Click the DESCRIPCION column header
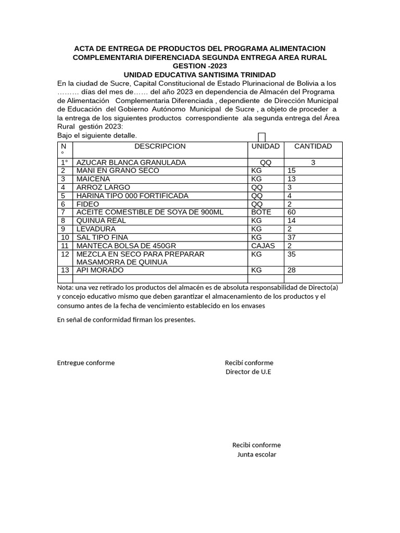coord(160,146)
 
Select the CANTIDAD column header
coord(312,146)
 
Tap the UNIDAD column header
coord(266,146)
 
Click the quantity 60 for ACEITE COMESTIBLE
coord(292,212)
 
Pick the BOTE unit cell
coord(261,212)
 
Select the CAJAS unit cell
coord(263,246)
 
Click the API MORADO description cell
coord(100,271)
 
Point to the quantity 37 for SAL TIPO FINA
coord(292,237)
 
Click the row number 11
coord(65,246)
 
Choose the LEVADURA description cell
coord(96,229)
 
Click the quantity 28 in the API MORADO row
coord(292,271)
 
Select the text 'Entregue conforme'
coord(86,363)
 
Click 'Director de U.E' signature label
coord(248,372)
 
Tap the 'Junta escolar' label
coord(257,454)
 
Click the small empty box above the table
coord(262,137)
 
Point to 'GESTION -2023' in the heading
coord(199,66)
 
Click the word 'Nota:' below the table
coord(66,288)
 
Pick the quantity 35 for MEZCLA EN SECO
coord(292,255)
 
